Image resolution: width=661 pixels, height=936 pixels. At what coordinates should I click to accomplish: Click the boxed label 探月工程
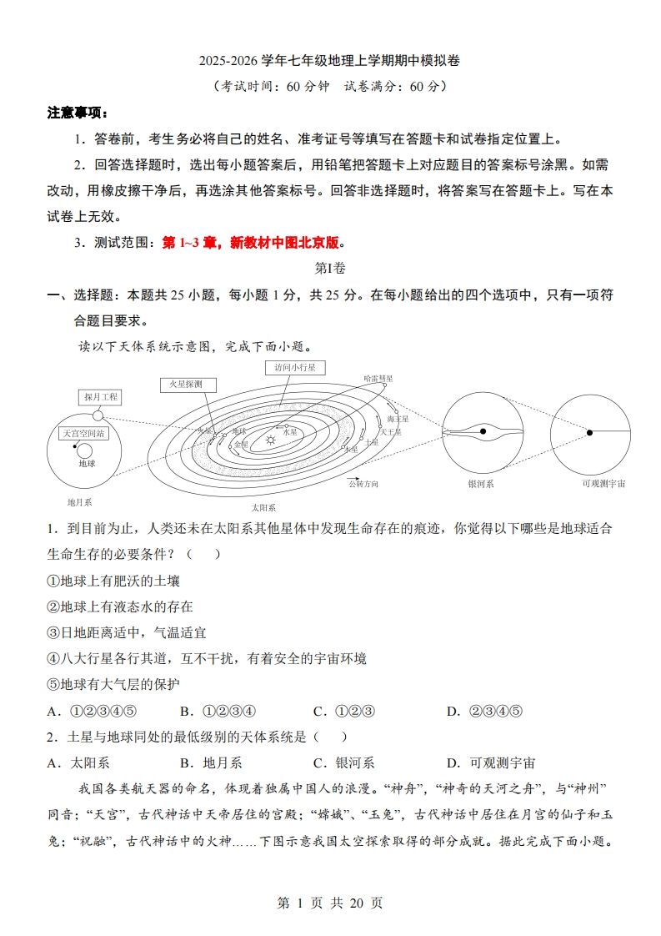(101, 397)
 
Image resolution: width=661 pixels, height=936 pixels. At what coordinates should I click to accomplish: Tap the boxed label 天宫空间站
(84, 433)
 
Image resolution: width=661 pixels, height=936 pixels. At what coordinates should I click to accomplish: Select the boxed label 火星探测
(187, 385)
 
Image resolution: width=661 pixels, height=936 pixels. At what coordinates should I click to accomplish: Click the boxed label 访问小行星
(295, 367)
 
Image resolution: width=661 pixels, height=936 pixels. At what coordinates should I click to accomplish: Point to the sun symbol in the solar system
(270, 439)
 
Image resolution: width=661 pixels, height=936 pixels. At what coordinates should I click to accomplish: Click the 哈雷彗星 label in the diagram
(378, 378)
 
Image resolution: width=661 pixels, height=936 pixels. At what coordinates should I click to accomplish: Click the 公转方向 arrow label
(363, 483)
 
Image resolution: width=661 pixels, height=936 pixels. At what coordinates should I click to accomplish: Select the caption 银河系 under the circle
(481, 483)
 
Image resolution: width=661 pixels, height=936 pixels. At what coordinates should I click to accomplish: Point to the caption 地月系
(79, 502)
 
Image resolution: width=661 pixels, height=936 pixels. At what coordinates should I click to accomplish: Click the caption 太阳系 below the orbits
(263, 506)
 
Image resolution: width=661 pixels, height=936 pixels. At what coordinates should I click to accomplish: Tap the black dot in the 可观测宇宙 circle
(588, 432)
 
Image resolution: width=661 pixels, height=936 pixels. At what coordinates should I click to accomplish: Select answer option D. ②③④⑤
(484, 711)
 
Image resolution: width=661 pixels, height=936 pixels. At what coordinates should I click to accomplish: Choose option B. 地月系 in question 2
(211, 762)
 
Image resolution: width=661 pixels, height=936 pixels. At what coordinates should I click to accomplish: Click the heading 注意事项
(77, 113)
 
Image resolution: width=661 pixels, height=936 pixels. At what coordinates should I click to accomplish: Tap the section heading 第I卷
(330, 268)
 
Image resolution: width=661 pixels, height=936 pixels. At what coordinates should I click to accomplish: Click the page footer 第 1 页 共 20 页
(330, 903)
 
